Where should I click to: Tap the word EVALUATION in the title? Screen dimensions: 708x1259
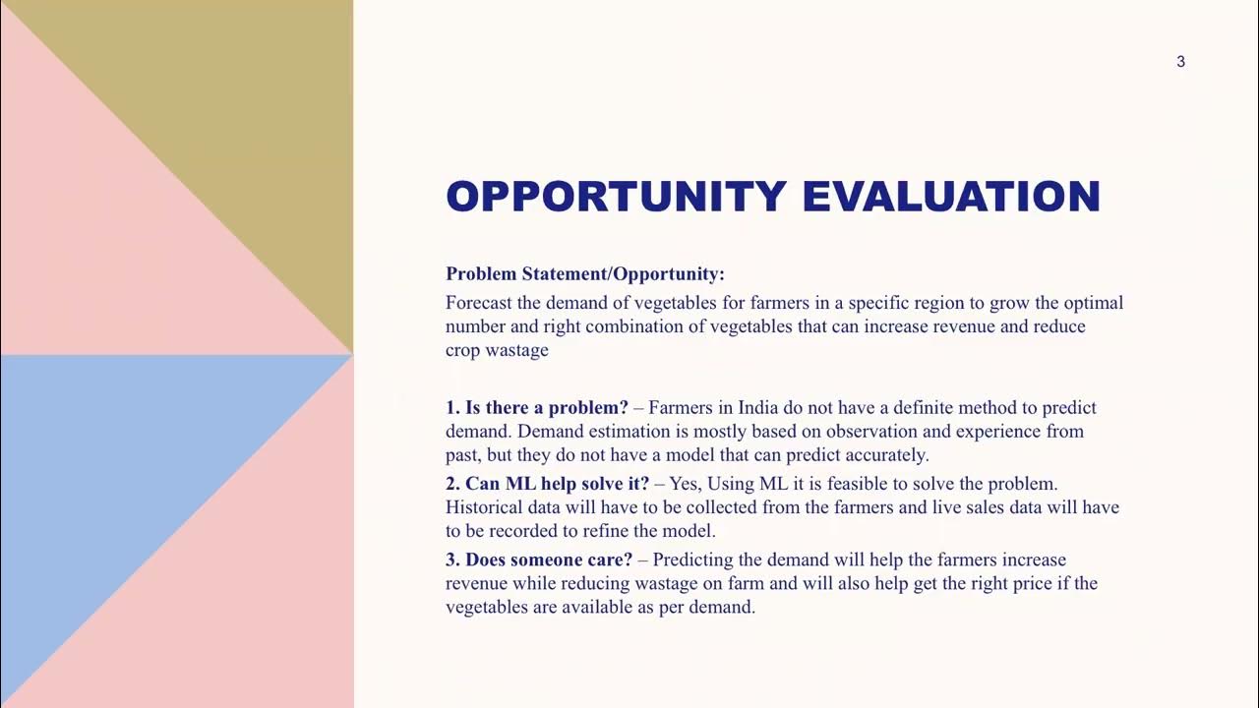pyautogui.click(x=951, y=197)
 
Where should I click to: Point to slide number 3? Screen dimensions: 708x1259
pyautogui.click(x=1180, y=62)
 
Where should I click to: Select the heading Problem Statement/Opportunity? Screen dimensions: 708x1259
pyautogui.click(x=585, y=274)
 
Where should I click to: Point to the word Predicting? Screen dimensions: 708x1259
pyautogui.click(x=692, y=560)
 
